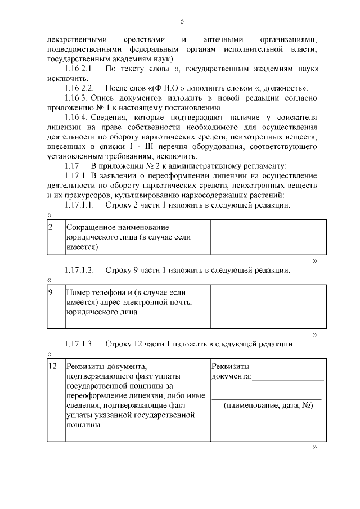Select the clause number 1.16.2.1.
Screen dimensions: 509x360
point(80,69)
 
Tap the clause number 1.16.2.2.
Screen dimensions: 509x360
point(80,88)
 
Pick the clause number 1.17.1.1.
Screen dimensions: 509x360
point(80,205)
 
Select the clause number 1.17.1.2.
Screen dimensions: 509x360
point(80,270)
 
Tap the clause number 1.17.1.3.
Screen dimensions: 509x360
point(80,343)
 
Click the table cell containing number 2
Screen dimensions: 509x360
point(55,236)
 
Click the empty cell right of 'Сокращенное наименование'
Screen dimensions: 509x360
point(268,236)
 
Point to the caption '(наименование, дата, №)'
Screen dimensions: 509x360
point(268,406)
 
